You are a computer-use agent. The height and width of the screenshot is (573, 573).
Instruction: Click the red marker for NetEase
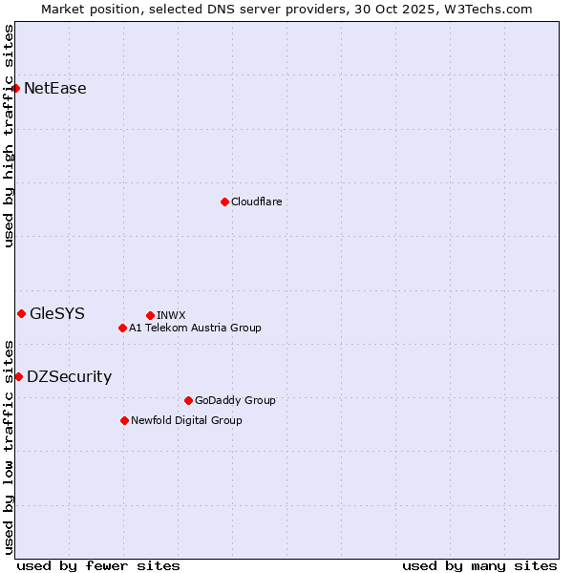15,89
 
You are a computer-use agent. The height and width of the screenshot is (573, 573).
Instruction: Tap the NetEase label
54,89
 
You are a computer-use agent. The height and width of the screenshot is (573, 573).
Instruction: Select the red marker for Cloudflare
224,202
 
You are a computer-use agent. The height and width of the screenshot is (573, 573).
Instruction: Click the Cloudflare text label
256,202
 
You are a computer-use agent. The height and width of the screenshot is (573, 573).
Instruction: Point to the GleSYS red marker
21,313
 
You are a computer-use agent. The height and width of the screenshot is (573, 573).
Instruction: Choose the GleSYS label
57,313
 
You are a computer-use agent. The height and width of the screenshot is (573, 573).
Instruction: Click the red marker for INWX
150,315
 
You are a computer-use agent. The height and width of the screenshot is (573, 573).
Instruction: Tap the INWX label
171,315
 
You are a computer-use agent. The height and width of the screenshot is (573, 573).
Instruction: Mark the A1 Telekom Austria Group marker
122,328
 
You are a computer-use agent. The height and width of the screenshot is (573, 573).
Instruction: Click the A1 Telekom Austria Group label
195,328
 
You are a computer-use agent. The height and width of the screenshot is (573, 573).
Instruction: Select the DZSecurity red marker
18,376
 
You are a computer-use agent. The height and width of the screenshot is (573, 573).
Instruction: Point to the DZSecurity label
69,376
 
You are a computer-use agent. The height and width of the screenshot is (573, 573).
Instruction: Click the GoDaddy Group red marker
188,400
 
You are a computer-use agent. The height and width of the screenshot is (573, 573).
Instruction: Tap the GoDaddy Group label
235,400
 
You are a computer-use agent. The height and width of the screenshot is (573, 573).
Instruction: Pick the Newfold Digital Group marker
124,420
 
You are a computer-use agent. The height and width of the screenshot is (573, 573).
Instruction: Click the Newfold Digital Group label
186,420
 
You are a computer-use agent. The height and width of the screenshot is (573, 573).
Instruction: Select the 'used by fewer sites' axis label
98,565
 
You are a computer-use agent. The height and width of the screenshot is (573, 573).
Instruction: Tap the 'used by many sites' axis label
479,565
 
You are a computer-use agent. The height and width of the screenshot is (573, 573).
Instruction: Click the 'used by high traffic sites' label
9,136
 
